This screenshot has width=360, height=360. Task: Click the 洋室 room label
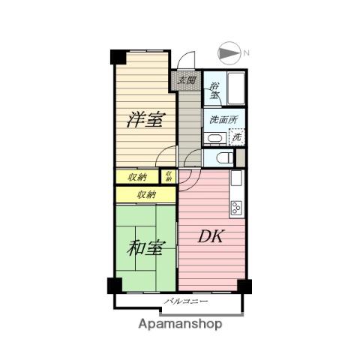point(146,120)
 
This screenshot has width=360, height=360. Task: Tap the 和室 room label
point(146,248)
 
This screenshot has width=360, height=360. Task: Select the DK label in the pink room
point(211,236)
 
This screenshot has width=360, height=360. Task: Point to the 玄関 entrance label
point(187,80)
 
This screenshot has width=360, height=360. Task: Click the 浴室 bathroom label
point(214,90)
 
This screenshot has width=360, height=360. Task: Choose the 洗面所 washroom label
point(223,120)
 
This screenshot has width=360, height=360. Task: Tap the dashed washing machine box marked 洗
point(237,136)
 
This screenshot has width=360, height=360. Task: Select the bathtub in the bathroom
point(236,88)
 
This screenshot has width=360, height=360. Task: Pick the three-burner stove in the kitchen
point(237,208)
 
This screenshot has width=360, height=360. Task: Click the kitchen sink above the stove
point(236,178)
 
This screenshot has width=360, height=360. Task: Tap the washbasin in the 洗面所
point(215,138)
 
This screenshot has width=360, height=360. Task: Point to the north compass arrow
point(229,53)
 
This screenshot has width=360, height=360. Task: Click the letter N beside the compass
point(246,52)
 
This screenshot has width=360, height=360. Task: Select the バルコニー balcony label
point(186,301)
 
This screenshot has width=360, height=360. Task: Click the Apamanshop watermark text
point(180,324)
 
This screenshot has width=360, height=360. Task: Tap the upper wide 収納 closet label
point(137,177)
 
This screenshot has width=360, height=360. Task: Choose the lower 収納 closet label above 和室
point(146,194)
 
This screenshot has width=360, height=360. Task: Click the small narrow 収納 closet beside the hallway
point(169,176)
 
